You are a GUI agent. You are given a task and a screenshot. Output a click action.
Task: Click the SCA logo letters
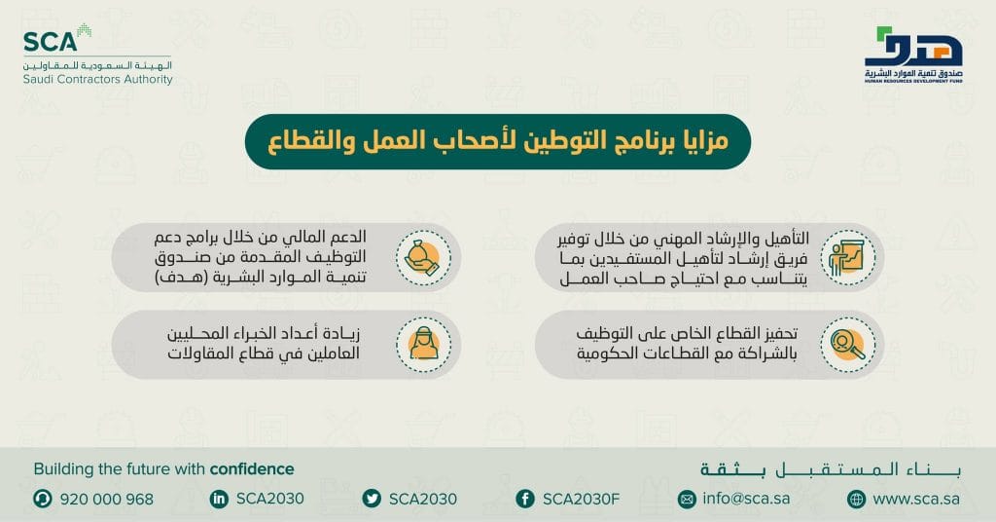[x=46, y=42]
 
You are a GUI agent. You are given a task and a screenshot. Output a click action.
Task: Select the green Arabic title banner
[x=497, y=143]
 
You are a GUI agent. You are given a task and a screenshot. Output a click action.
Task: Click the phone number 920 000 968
[x=107, y=499]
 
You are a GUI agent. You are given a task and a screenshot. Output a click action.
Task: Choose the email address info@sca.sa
[x=745, y=499]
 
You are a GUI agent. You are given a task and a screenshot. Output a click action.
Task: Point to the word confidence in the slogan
[x=251, y=469]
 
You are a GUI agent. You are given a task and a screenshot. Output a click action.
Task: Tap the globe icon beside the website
[x=856, y=499]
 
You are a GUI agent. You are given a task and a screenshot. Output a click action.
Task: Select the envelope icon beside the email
[x=688, y=499]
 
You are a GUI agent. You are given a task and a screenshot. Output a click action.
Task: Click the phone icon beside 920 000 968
[x=43, y=499]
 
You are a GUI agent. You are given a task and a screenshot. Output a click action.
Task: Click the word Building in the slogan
[x=61, y=469]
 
